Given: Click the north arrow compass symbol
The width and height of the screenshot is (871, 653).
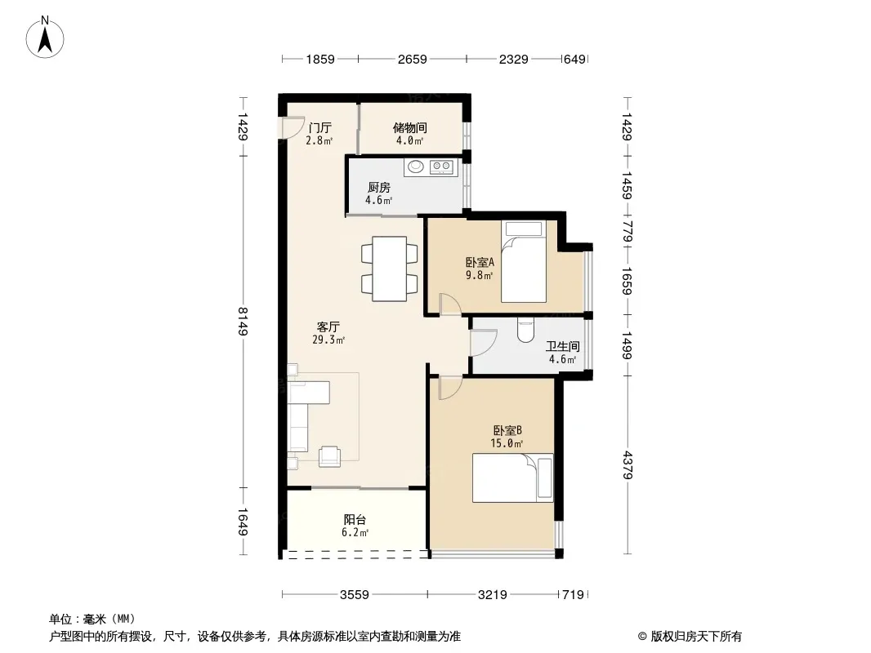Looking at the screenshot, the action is point(45,38).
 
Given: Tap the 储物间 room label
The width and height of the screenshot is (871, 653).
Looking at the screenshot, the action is point(410,128).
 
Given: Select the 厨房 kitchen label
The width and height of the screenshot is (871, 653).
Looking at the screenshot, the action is point(379,188).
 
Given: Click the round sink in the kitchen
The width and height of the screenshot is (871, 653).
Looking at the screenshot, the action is point(415,166).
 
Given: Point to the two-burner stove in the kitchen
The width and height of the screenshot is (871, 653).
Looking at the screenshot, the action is point(441,166).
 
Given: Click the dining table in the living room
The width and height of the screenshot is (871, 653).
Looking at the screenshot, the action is point(390,269).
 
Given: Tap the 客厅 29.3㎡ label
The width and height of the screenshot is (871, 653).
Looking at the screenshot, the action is point(328,333).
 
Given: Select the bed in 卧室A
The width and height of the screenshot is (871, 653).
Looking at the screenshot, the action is point(523,261).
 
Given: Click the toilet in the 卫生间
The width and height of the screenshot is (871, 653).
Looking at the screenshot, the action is point(525,329).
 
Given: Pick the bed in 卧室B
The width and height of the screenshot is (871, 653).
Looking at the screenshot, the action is point(512,478).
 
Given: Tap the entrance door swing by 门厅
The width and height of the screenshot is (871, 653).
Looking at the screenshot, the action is point(292,127).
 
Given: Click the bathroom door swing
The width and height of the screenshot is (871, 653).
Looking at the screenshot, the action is point(483,343).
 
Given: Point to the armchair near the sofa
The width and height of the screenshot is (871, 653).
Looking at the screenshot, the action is point(329,456).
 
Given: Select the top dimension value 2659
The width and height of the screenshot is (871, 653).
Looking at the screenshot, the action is point(412,59).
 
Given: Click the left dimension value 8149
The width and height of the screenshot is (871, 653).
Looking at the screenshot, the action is point(242,322).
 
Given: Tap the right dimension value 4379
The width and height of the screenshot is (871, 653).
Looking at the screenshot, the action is point(628,465).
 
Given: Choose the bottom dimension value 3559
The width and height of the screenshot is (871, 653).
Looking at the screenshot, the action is point(355,595).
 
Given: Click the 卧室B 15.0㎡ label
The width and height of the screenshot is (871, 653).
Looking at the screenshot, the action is point(507,437).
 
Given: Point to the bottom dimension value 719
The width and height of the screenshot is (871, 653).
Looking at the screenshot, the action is point(573,595).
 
